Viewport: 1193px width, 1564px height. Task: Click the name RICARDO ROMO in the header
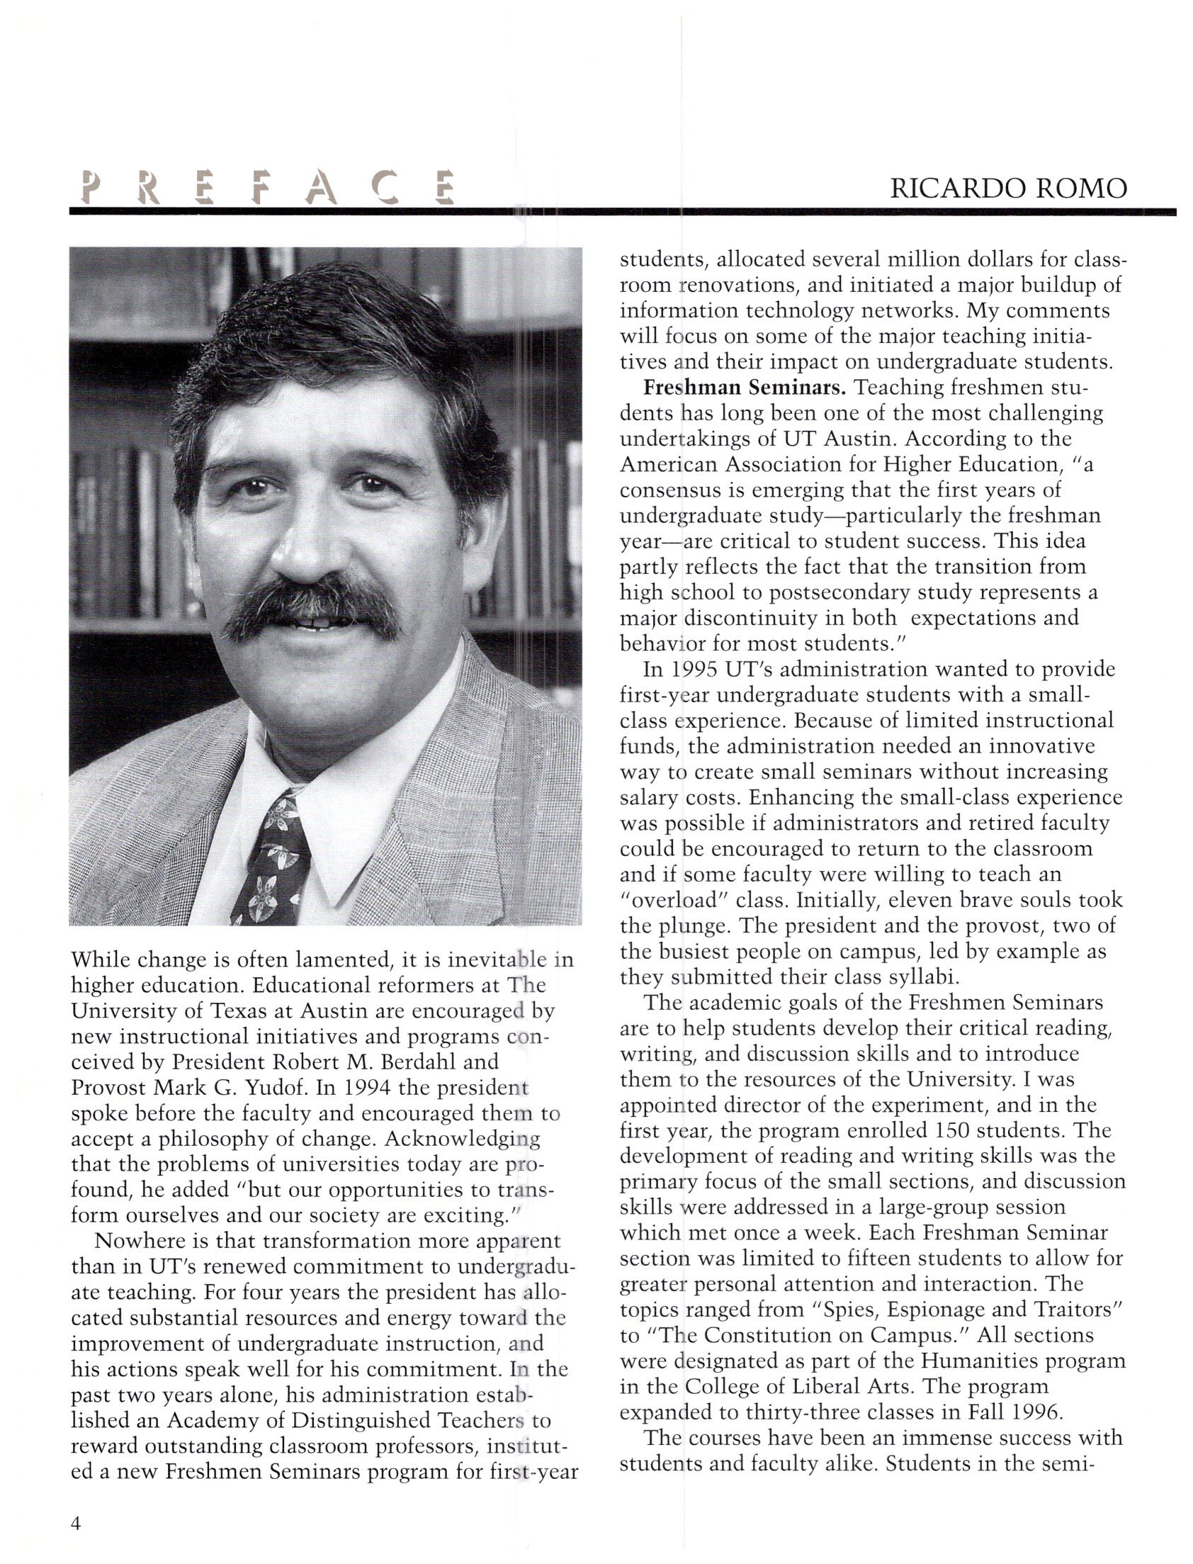pos(1008,189)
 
